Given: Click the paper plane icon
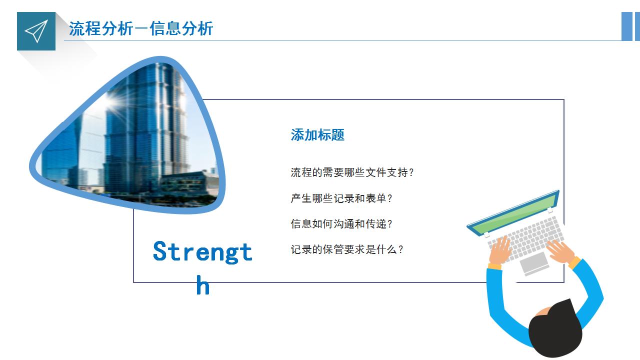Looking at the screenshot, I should pyautogui.click(x=36, y=31).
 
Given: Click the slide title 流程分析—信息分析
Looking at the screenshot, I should pyautogui.click(x=141, y=28).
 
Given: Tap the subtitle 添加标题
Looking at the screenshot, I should pyautogui.click(x=317, y=135).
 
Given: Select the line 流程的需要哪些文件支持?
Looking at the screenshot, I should pyautogui.click(x=352, y=172).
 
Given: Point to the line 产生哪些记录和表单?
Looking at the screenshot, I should pyautogui.click(x=341, y=198).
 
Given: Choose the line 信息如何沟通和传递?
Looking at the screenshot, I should pyautogui.click(x=341, y=224).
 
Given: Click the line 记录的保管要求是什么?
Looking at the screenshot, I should pyautogui.click(x=346, y=249).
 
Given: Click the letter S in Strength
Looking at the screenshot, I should pyautogui.click(x=160, y=251).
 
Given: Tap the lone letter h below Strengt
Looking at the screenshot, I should pyautogui.click(x=202, y=286).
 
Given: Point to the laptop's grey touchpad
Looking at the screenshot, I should pyautogui.click(x=534, y=262).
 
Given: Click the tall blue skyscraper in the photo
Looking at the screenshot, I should pyautogui.click(x=145, y=130).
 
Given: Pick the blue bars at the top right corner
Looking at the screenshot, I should pyautogui.click(x=630, y=26).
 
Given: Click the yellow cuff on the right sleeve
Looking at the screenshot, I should pyautogui.click(x=574, y=262).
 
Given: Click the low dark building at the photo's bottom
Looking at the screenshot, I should pyautogui.click(x=185, y=185).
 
